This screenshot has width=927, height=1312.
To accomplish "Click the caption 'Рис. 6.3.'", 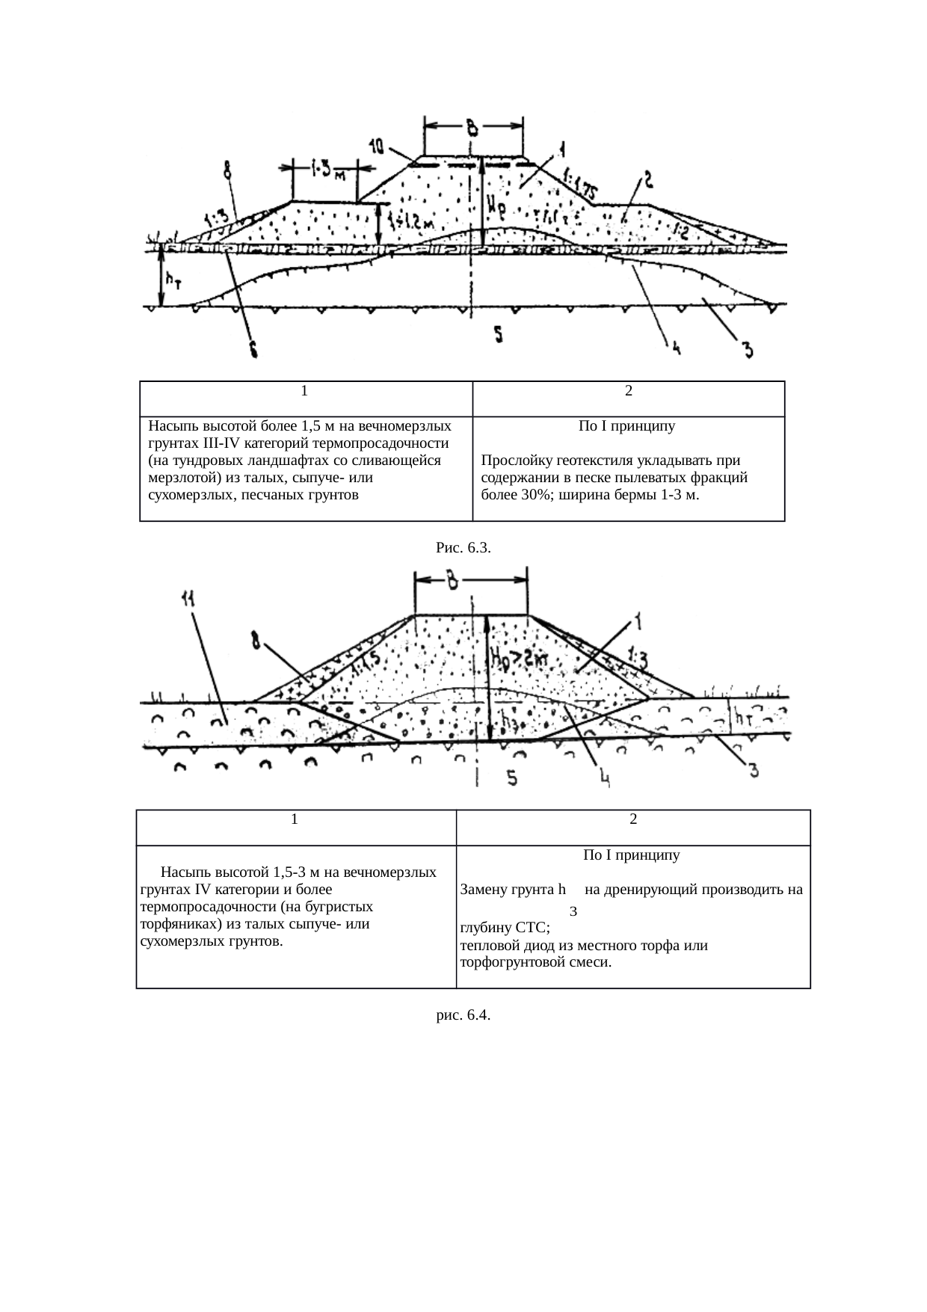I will (x=463, y=549).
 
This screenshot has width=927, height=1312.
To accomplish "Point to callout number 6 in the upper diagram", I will (x=253, y=349).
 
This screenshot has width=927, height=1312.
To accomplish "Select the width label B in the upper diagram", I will (x=472, y=127).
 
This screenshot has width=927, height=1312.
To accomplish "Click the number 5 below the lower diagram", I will (x=512, y=778).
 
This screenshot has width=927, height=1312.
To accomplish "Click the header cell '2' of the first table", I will (x=629, y=391).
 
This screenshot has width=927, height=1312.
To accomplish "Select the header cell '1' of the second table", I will (x=296, y=819).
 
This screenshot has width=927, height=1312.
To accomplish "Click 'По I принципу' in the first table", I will (x=626, y=427).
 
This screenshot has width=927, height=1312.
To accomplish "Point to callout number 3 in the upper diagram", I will (x=746, y=348).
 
